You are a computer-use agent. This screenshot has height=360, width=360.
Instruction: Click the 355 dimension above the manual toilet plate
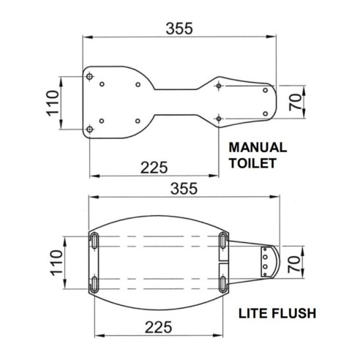pos(179,29)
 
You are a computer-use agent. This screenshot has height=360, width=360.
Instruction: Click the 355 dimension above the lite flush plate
pos(181,187)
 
